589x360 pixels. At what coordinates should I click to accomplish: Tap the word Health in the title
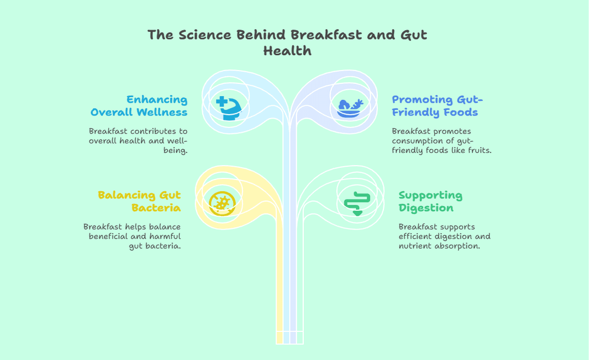click(287, 51)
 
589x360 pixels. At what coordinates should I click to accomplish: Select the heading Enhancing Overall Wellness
click(139, 105)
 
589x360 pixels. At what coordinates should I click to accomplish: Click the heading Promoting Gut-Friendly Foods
click(437, 105)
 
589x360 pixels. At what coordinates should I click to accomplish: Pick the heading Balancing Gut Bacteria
click(140, 201)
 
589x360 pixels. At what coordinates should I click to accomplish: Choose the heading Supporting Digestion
click(431, 201)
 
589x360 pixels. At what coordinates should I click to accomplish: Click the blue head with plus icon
click(229, 108)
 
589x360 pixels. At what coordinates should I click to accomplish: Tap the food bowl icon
click(350, 108)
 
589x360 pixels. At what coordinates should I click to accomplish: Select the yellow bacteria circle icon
click(222, 204)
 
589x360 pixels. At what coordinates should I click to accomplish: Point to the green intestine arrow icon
click(357, 204)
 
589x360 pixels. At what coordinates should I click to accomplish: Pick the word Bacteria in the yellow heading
click(156, 208)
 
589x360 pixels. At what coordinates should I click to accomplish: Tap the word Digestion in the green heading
click(426, 208)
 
